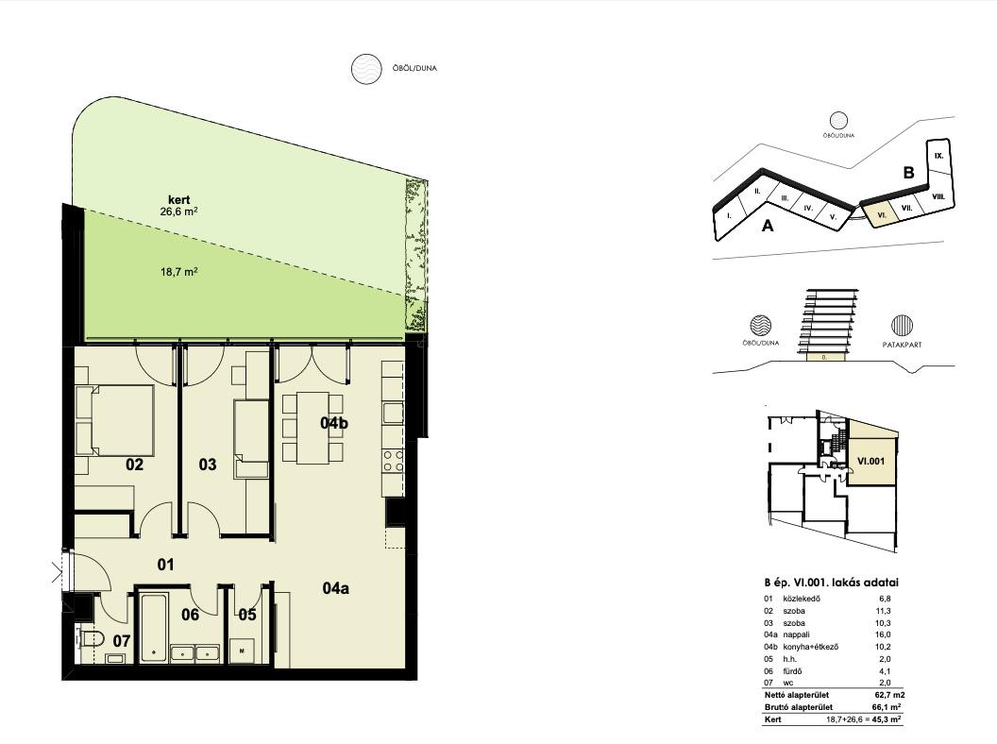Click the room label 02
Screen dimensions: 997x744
pyautogui.click(x=134, y=465)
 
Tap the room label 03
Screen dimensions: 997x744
pyautogui.click(x=208, y=465)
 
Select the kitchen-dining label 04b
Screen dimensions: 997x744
pyautogui.click(x=334, y=423)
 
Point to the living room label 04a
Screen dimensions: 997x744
pyautogui.click(x=335, y=588)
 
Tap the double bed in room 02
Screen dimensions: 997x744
pyautogui.click(x=115, y=420)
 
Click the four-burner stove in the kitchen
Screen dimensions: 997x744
pyautogui.click(x=393, y=461)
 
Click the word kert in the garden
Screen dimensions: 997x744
pyautogui.click(x=178, y=199)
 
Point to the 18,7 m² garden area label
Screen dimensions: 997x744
pyautogui.click(x=178, y=272)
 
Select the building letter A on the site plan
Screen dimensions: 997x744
pyautogui.click(x=768, y=226)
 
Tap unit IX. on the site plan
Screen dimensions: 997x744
pyautogui.click(x=939, y=155)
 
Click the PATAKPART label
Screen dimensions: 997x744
pyautogui.click(x=902, y=345)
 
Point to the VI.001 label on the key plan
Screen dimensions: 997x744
pyautogui.click(x=870, y=461)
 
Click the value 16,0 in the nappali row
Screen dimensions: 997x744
pyautogui.click(x=885, y=634)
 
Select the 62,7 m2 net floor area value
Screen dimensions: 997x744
pyautogui.click(x=888, y=695)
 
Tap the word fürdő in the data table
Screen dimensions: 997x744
pyautogui.click(x=793, y=671)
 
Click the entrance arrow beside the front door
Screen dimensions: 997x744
pyautogui.click(x=58, y=572)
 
